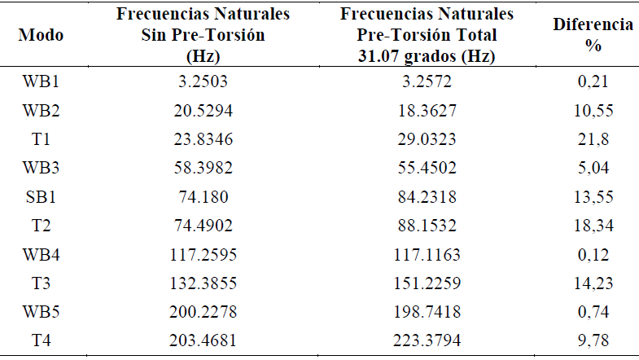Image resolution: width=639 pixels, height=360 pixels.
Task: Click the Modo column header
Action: [41, 36]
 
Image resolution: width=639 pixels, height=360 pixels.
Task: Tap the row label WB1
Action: [41, 81]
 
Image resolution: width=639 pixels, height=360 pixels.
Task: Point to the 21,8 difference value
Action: [593, 139]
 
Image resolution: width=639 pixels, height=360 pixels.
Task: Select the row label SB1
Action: [41, 196]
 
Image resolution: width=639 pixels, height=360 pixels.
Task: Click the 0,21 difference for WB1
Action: [593, 81]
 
